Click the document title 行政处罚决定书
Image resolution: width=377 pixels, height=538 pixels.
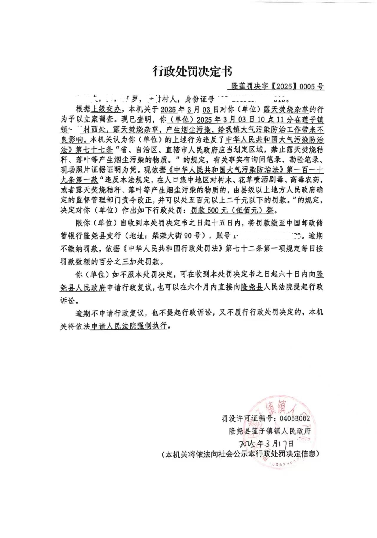192,71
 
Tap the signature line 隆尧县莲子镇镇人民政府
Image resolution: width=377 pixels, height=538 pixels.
270,431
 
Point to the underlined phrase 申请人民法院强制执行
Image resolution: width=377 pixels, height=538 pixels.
129,326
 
